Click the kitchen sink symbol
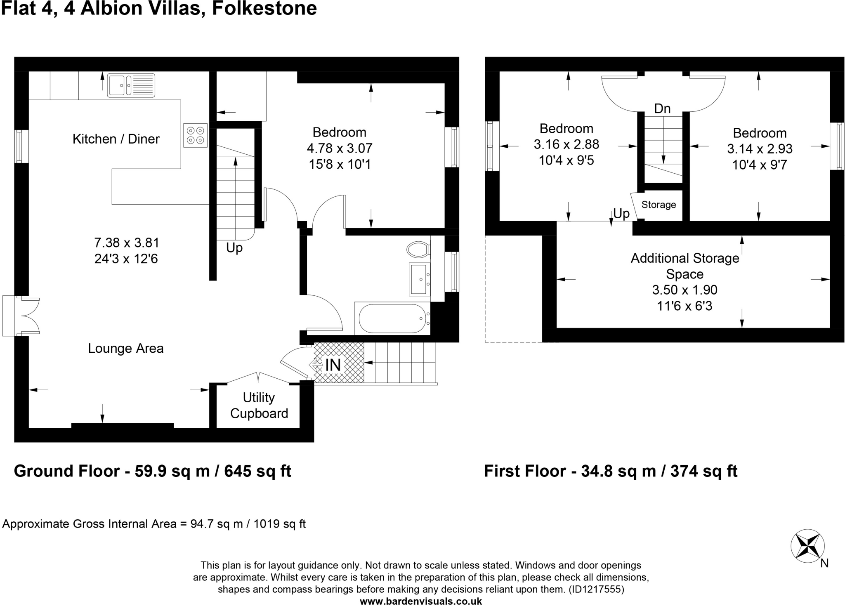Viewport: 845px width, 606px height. (x=131, y=85)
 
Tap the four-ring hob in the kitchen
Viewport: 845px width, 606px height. (x=196, y=135)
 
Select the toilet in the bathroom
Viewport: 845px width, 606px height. (x=418, y=249)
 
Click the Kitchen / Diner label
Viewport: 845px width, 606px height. (x=116, y=139)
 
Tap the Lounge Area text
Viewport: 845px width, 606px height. (x=126, y=349)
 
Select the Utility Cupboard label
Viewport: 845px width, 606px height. (x=259, y=406)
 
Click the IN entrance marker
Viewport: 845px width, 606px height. (x=333, y=365)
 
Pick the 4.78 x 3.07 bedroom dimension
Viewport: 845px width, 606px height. (x=340, y=148)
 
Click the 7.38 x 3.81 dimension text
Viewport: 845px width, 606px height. (x=126, y=242)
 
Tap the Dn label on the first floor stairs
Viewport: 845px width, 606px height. (x=662, y=108)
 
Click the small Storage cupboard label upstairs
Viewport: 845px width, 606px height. (x=659, y=205)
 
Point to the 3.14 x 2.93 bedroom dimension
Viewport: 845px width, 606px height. (x=760, y=149)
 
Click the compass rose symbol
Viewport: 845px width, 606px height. (x=807, y=546)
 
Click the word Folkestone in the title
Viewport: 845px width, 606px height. (x=264, y=9)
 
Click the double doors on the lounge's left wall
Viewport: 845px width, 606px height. (x=21, y=316)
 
